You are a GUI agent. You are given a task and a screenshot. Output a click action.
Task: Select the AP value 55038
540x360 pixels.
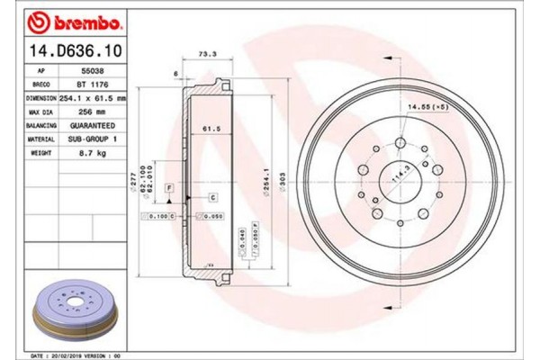point(94,68)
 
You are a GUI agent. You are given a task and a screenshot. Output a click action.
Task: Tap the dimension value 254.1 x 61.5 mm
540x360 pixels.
point(94,96)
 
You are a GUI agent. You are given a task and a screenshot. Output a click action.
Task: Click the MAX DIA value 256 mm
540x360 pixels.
point(94,111)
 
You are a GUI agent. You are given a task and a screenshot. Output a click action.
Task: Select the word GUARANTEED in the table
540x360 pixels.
point(94,125)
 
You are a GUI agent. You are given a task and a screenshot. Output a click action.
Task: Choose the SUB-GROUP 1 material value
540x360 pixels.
point(94,139)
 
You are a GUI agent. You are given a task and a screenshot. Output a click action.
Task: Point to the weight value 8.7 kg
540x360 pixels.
point(94,154)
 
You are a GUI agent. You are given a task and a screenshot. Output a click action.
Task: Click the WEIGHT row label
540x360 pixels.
point(41,154)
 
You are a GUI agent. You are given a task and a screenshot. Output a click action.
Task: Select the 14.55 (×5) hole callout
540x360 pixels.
point(427,108)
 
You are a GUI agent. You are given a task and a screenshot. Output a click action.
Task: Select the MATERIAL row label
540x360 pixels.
point(41,139)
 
